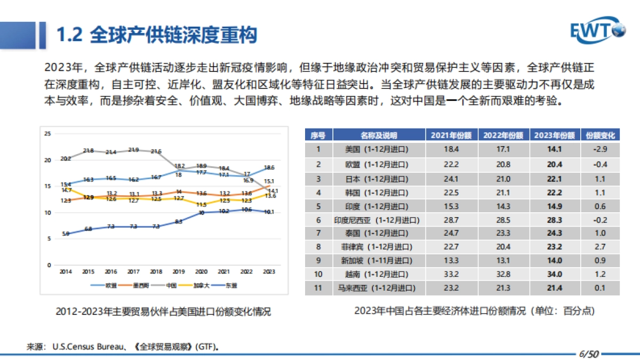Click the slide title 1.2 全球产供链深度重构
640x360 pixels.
click(x=157, y=35)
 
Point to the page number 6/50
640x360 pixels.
click(x=589, y=353)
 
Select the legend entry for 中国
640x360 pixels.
click(x=169, y=285)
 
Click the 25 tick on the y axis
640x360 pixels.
click(x=47, y=133)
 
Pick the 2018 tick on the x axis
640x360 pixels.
click(x=156, y=271)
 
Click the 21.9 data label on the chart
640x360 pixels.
click(x=134, y=150)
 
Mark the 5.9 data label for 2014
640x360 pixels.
click(x=66, y=234)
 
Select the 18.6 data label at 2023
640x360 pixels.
click(x=269, y=167)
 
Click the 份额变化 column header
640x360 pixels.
click(x=601, y=135)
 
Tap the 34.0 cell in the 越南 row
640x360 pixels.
click(x=555, y=275)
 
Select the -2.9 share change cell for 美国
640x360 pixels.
click(x=601, y=149)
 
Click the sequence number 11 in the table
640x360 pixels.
click(x=318, y=289)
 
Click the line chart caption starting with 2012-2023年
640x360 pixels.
click(x=163, y=311)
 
